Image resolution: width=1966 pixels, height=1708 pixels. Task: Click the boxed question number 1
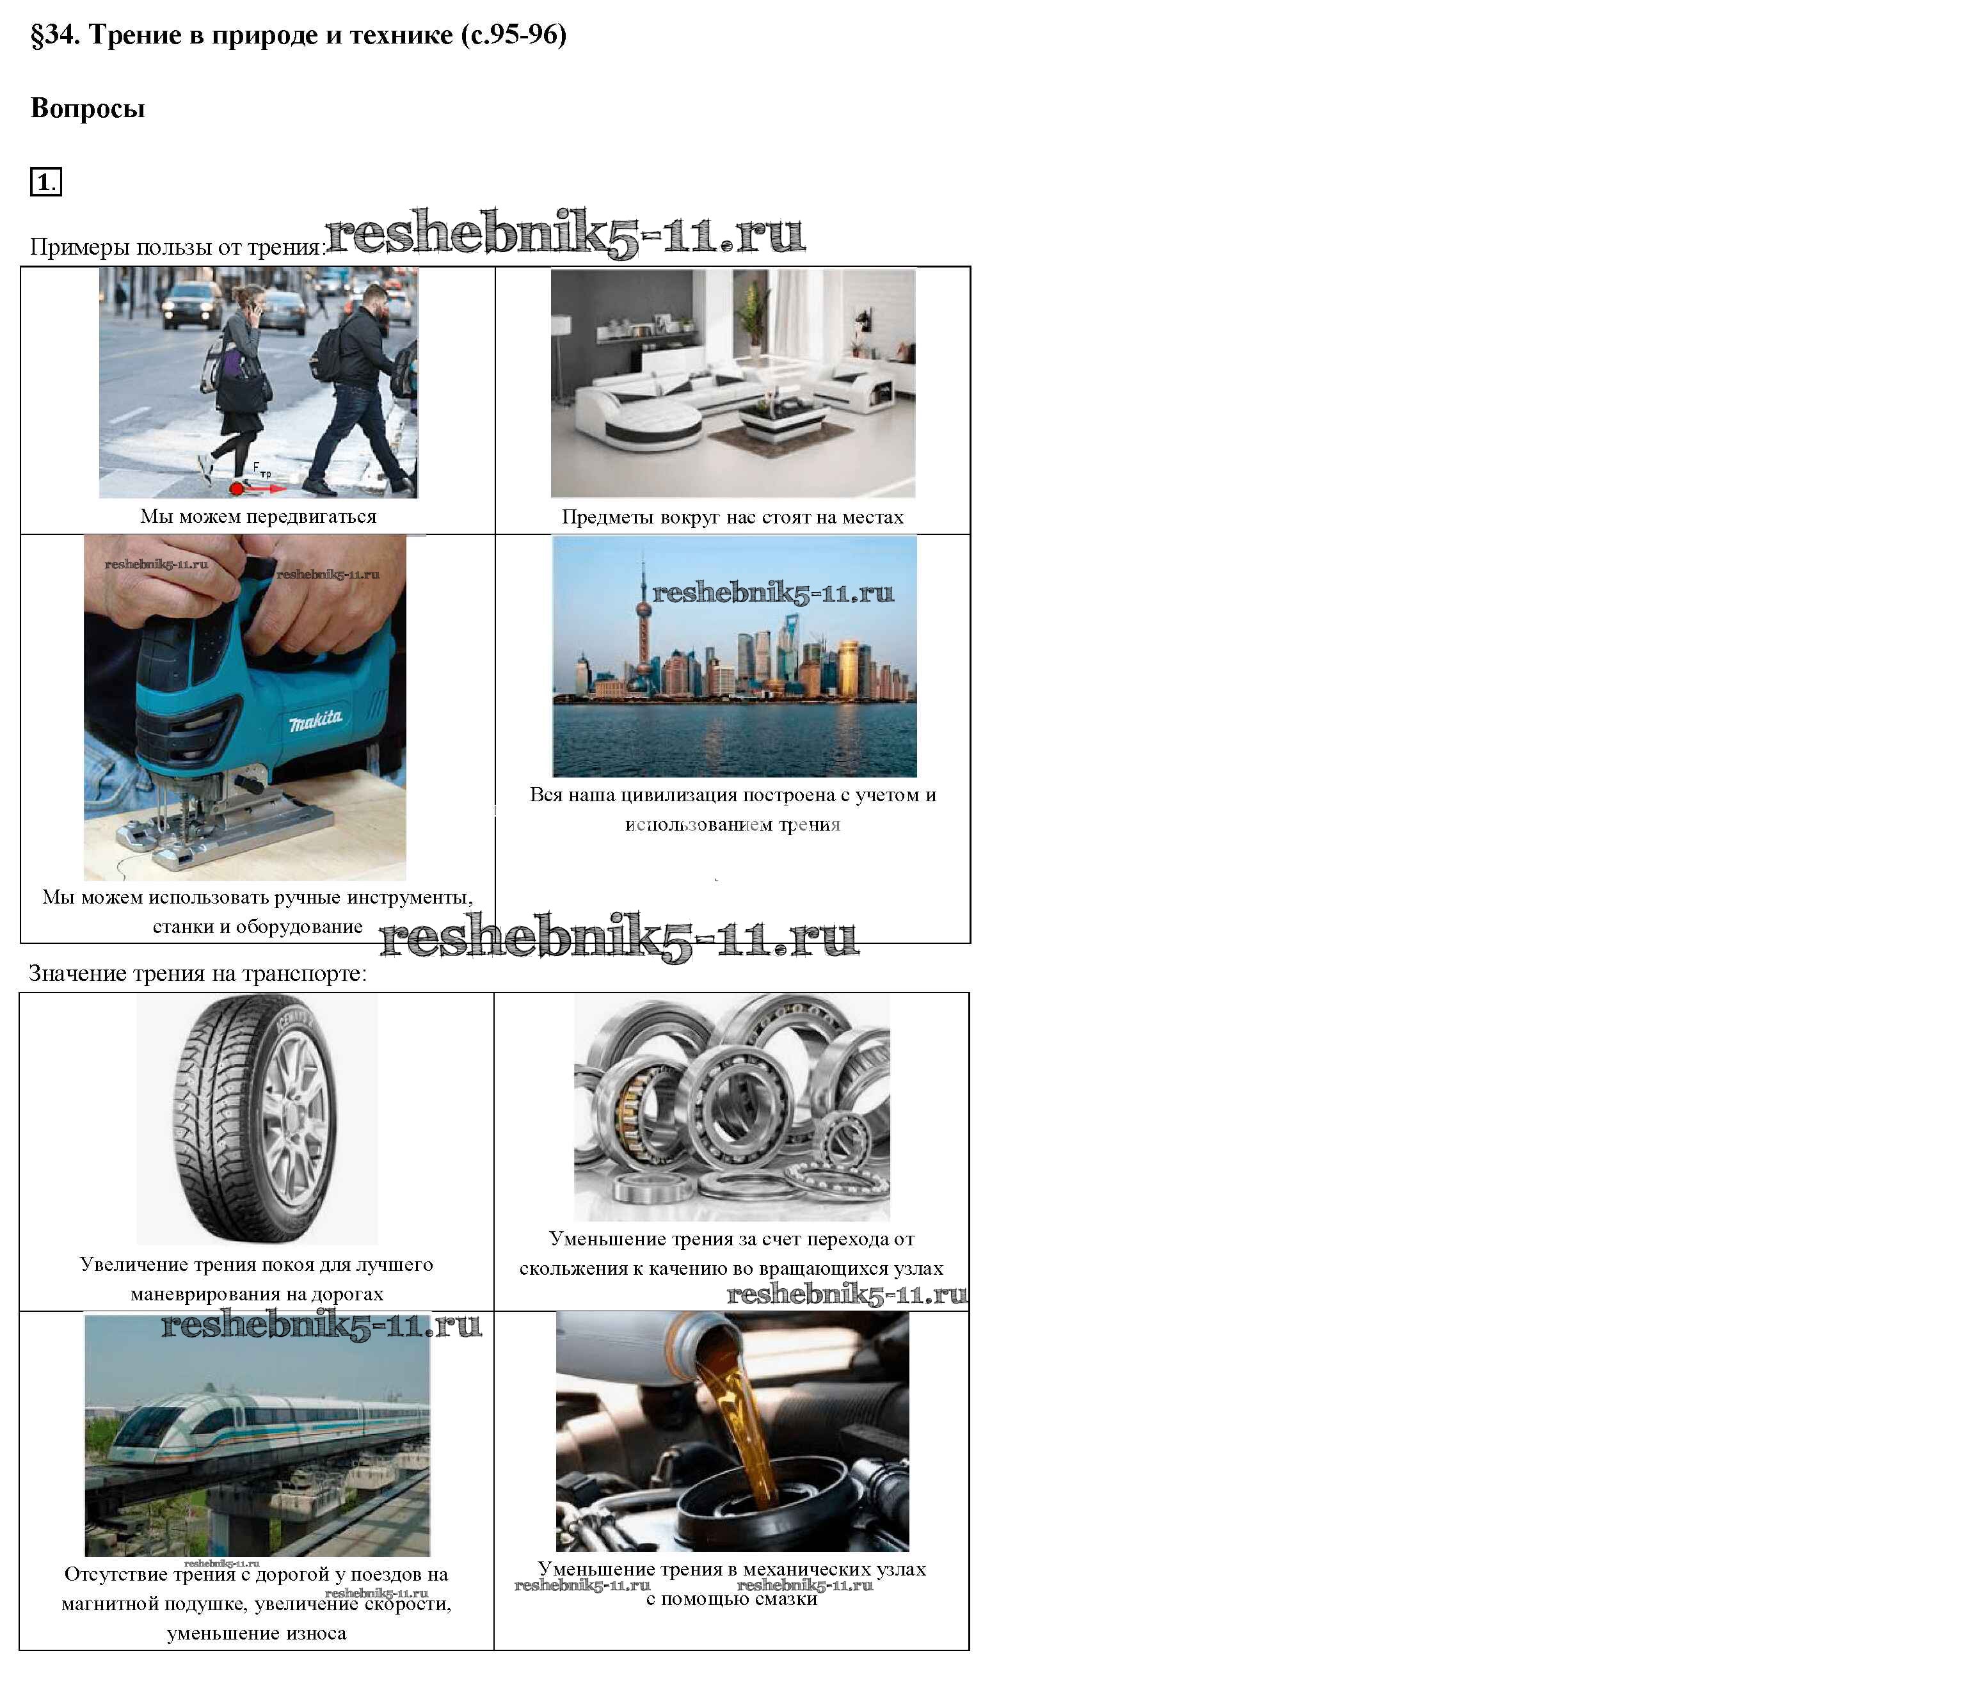(45, 181)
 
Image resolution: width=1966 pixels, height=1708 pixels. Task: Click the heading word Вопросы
(88, 108)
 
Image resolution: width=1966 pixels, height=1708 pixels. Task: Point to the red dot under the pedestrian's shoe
(236, 489)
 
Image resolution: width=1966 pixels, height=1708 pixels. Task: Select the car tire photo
(257, 1119)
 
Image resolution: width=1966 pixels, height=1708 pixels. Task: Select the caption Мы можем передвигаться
(259, 516)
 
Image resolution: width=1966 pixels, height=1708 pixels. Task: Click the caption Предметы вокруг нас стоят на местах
(732, 518)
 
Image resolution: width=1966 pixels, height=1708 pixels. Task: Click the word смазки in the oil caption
(787, 1599)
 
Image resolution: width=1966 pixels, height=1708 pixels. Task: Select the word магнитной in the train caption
(105, 1604)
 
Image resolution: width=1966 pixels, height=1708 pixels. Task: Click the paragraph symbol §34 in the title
(56, 35)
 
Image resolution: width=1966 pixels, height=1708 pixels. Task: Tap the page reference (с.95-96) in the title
(514, 35)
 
